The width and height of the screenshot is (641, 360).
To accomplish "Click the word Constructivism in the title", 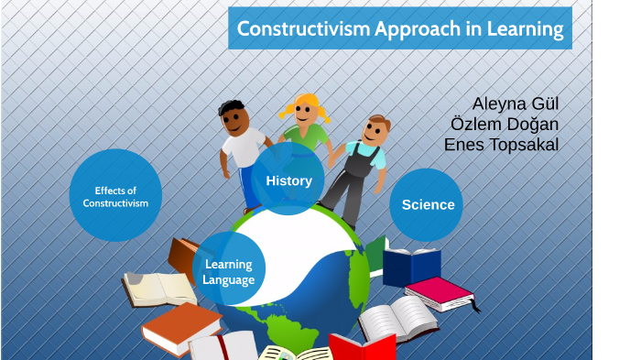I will [302, 28].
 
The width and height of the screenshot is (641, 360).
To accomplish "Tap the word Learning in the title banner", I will [527, 28].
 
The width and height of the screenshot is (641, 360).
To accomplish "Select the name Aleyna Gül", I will [515, 103].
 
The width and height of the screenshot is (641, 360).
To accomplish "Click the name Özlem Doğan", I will [505, 124].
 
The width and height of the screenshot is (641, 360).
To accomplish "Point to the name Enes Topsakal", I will [501, 145].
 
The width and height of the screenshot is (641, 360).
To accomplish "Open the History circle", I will [288, 180].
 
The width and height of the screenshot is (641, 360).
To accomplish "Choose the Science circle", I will [427, 204].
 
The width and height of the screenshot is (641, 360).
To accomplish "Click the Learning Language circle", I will [229, 271].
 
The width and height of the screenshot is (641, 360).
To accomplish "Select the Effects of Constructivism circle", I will [115, 196].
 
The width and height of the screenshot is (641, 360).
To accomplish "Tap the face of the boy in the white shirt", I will [237, 119].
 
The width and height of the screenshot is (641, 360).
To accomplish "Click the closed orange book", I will [181, 327].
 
